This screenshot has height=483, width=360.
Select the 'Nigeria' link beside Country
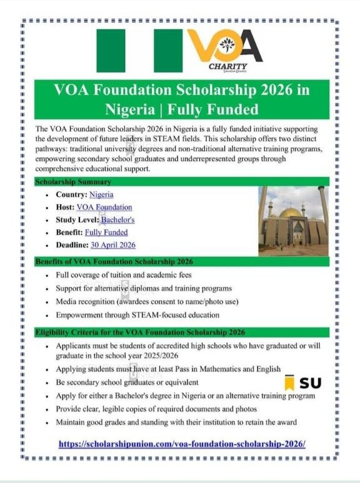point(101,195)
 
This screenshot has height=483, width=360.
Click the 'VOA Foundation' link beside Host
point(104,207)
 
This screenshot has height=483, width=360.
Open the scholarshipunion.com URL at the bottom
point(182,444)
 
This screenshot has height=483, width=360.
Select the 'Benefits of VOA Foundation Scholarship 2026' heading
point(114,261)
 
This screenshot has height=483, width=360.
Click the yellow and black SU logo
point(303,382)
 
